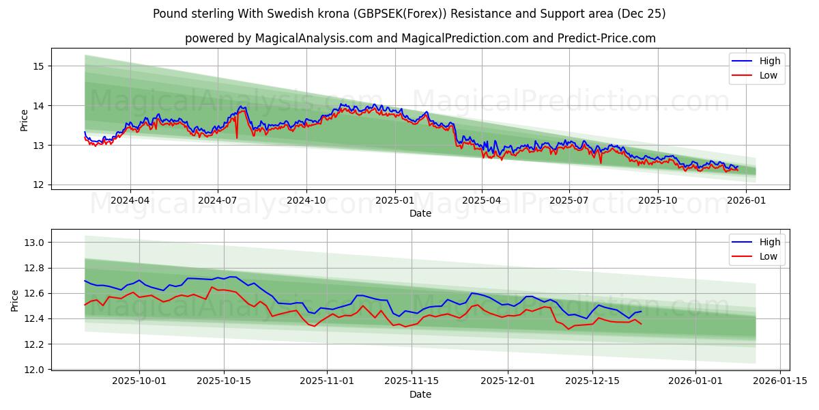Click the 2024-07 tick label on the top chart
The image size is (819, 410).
[x=218, y=201]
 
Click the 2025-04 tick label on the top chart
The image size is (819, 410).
[x=482, y=201]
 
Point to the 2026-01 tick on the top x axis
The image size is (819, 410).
[x=746, y=201]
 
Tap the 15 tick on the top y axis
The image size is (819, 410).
[x=38, y=66]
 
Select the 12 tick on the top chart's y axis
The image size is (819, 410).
[x=38, y=185]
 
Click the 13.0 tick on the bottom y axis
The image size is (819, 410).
[x=33, y=243]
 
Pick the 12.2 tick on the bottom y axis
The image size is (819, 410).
[x=33, y=344]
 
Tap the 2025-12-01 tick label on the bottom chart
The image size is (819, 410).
[x=507, y=381]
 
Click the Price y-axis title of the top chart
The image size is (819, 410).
[x=24, y=120]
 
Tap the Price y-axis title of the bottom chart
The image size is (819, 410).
[x=15, y=301]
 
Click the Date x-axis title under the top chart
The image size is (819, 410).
[x=420, y=213]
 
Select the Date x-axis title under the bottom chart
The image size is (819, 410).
[x=420, y=394]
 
